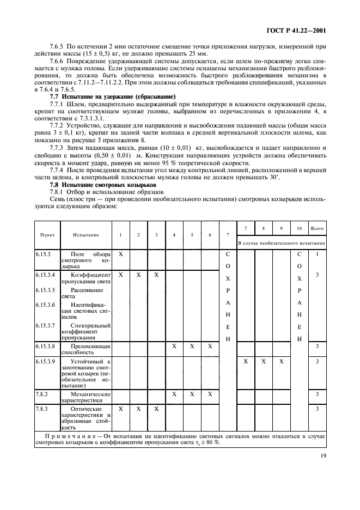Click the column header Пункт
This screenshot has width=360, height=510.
click(x=47, y=235)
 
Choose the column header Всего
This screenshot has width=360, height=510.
click(x=317, y=228)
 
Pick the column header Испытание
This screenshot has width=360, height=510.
click(x=86, y=235)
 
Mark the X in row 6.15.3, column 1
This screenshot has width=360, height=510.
click(x=120, y=254)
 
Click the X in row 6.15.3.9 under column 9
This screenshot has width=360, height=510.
click(x=281, y=361)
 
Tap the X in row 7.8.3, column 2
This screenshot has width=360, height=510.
click(x=138, y=408)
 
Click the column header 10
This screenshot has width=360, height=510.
click(x=299, y=228)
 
